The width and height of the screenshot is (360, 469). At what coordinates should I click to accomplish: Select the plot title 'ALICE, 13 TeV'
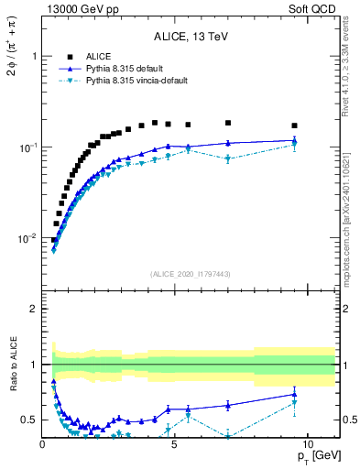coord(191,37)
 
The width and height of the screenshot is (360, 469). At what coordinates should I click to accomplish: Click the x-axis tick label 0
coord(42,442)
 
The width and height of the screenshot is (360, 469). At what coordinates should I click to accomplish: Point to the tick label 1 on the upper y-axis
coord(33,56)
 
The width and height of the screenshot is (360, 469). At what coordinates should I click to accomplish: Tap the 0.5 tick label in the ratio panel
coord(29,420)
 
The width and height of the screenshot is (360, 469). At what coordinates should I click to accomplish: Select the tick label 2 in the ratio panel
coord(33,309)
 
